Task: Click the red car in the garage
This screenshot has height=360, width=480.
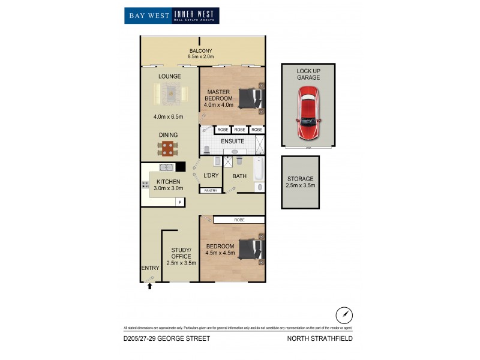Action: [308, 113]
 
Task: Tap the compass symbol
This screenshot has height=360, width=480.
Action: [343, 314]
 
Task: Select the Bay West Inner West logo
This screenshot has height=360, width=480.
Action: [172, 15]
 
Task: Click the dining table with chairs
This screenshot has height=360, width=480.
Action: [168, 148]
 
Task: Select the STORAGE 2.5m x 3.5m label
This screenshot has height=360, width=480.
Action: [300, 182]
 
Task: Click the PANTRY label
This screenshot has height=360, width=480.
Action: [211, 190]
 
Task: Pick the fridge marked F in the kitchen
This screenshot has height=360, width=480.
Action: [178, 202]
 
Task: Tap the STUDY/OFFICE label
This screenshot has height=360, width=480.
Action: [181, 256]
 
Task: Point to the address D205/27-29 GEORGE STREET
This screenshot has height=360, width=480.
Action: [166, 338]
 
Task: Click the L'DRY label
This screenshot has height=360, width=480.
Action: [211, 175]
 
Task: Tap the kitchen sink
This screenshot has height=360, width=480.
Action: [168, 167]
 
